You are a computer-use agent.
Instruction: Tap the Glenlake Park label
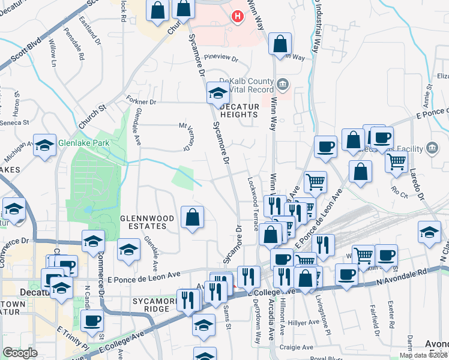click(x=83, y=143)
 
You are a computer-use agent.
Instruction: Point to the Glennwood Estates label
click(x=143, y=222)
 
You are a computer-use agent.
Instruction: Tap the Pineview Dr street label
click(x=221, y=59)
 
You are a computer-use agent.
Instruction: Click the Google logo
click(x=20, y=353)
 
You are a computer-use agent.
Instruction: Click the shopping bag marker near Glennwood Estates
click(x=192, y=218)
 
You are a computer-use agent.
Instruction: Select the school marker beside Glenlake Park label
click(x=44, y=146)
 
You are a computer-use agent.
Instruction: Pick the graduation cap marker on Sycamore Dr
click(x=218, y=93)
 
